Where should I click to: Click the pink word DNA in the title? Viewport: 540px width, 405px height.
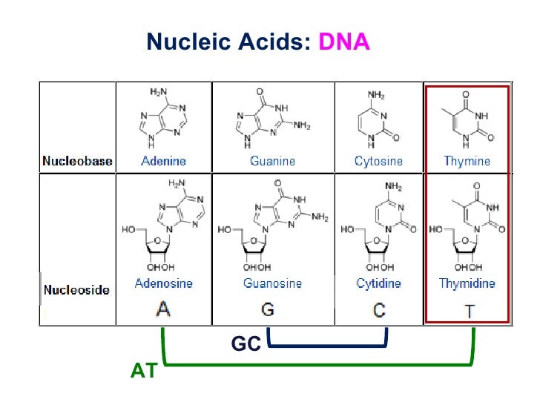coord(343,42)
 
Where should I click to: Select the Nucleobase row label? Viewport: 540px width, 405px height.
coord(78,161)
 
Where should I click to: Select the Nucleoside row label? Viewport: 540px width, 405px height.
coord(77,289)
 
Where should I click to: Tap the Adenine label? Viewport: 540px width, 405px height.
coord(163,161)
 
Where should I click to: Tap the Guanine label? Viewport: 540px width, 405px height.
coord(272,161)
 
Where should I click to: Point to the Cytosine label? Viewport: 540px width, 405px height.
coord(378,161)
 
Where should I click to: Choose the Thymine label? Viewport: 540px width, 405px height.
coord(467,161)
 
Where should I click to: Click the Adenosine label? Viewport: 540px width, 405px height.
coord(163,283)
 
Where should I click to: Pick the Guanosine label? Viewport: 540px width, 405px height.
coord(272,283)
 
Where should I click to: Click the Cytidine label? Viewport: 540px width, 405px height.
coord(378,283)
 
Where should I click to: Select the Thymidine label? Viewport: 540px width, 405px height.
coord(467,283)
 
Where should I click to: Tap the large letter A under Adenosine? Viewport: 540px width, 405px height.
coord(163,309)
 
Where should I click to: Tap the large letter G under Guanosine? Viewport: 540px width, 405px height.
coord(269,309)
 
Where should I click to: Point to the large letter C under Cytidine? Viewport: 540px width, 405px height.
coord(379,309)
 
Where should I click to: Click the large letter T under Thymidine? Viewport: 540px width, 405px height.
coord(469,309)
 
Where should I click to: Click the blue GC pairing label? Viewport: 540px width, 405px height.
coord(246,345)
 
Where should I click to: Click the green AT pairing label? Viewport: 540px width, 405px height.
coord(144,371)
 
